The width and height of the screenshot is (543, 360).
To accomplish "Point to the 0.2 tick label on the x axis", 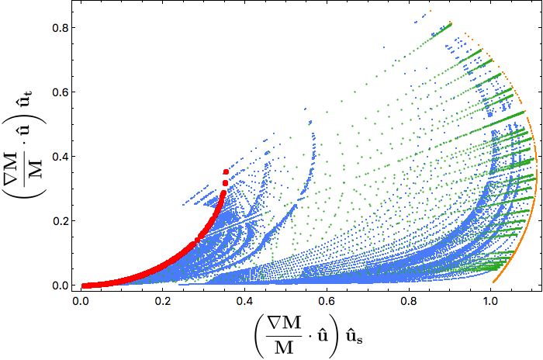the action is pyautogui.click(x=162, y=301).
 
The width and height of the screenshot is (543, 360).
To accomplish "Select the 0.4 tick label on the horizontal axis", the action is pyautogui.click(x=244, y=301).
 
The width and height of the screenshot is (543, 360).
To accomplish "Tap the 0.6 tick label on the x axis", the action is pyautogui.click(x=327, y=301).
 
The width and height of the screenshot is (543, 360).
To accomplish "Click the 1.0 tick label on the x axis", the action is pyautogui.click(x=491, y=301).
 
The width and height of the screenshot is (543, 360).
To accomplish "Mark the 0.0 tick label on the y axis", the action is pyautogui.click(x=60, y=286).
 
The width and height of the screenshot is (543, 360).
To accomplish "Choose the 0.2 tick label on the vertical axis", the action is pyautogui.click(x=60, y=221).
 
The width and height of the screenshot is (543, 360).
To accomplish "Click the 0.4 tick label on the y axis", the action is pyautogui.click(x=60, y=157).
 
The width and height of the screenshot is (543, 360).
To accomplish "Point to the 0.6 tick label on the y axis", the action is pyautogui.click(x=60, y=92).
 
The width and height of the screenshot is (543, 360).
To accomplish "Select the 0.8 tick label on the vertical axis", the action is pyautogui.click(x=60, y=28).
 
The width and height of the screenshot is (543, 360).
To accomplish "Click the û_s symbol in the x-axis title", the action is pyautogui.click(x=355, y=337).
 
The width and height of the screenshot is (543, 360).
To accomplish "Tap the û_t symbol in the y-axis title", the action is pyautogui.click(x=25, y=98).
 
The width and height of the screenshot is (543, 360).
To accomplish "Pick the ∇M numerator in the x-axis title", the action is pyautogui.click(x=284, y=323).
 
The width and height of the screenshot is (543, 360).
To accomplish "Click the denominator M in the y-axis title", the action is pyautogui.click(x=35, y=168).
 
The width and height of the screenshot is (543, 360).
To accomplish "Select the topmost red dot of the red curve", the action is pyautogui.click(x=227, y=172).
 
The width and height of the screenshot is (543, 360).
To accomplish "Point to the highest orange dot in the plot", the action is pyautogui.click(x=431, y=11).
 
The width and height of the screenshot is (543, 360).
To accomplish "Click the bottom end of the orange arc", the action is pyautogui.click(x=493, y=282).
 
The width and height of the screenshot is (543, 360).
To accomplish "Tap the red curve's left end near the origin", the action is pyautogui.click(x=83, y=286).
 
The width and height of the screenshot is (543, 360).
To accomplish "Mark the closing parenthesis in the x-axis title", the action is pyautogui.click(x=334, y=336).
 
